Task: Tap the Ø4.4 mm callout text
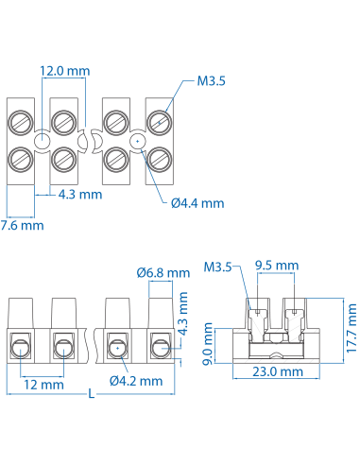pos(197,202)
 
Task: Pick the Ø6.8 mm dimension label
pos(161,273)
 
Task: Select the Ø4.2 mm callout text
pos(136,380)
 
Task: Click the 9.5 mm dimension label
pos(277,266)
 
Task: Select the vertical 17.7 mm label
pos(351,328)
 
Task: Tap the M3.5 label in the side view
pos(218,267)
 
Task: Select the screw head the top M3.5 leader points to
pos(160,121)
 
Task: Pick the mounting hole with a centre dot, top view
pos(137,141)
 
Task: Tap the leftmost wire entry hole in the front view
pos(20,348)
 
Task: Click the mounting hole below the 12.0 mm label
pos(43,141)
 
